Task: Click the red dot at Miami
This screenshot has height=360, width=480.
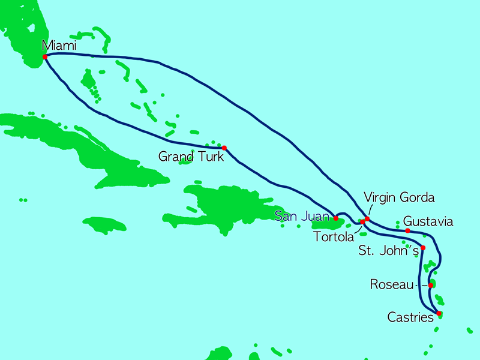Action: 44,58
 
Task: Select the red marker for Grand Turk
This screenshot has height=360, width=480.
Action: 224,148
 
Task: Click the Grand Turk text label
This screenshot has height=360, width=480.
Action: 191,157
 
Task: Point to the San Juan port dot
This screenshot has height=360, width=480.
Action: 335,218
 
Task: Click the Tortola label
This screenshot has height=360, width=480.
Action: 334,236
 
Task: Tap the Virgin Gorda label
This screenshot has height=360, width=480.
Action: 400,197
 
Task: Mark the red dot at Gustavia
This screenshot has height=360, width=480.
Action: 407,231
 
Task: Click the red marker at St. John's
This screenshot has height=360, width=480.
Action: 423,248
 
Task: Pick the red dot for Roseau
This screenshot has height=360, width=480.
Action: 431,285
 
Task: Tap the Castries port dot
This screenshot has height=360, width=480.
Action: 439,313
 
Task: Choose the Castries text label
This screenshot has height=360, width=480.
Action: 411,317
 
